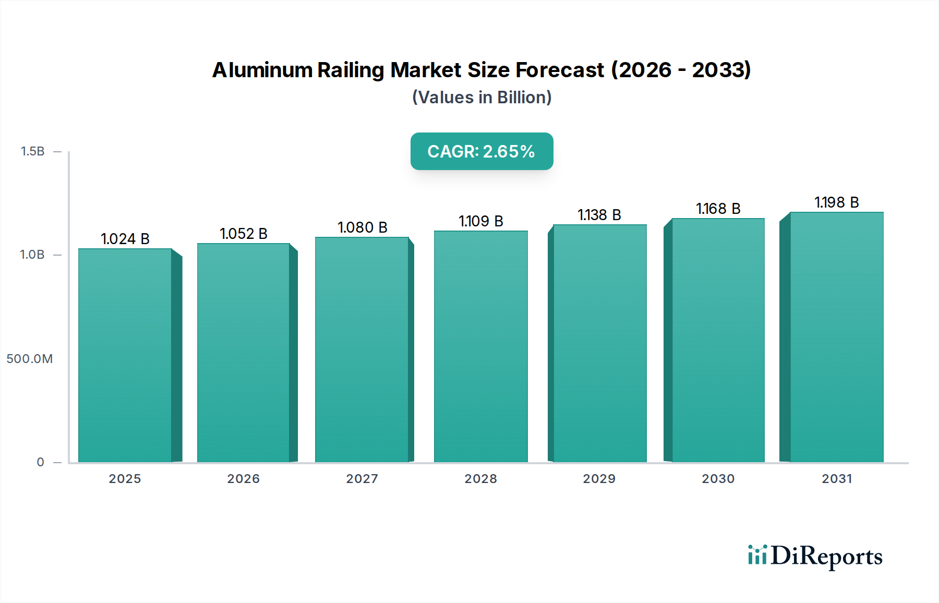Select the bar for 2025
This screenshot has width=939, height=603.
coord(125,355)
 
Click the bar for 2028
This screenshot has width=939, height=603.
coord(480,347)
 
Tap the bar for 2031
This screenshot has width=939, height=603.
coord(836,337)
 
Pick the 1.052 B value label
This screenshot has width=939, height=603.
coord(244,234)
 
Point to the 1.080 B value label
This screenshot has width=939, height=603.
coord(363,227)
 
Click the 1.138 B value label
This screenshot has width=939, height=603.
coord(599,215)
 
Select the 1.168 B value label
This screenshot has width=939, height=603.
coord(718,209)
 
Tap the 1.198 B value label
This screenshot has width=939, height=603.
coord(837,202)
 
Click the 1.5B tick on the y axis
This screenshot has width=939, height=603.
coord(32,151)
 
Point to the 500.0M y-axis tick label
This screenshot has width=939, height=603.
coord(30,359)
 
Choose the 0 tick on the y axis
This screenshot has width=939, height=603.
coord(41,462)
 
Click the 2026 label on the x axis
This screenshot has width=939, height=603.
coord(244,479)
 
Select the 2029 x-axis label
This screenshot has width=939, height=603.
coord(599,479)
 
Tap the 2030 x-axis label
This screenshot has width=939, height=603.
coord(718,479)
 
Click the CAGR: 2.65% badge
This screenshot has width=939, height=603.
coord(481,151)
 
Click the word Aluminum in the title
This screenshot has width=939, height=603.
coord(262,70)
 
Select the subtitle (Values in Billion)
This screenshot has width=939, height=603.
coord(481,98)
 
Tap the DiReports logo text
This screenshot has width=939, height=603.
coord(826,556)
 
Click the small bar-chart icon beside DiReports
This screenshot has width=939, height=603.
coord(757,555)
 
